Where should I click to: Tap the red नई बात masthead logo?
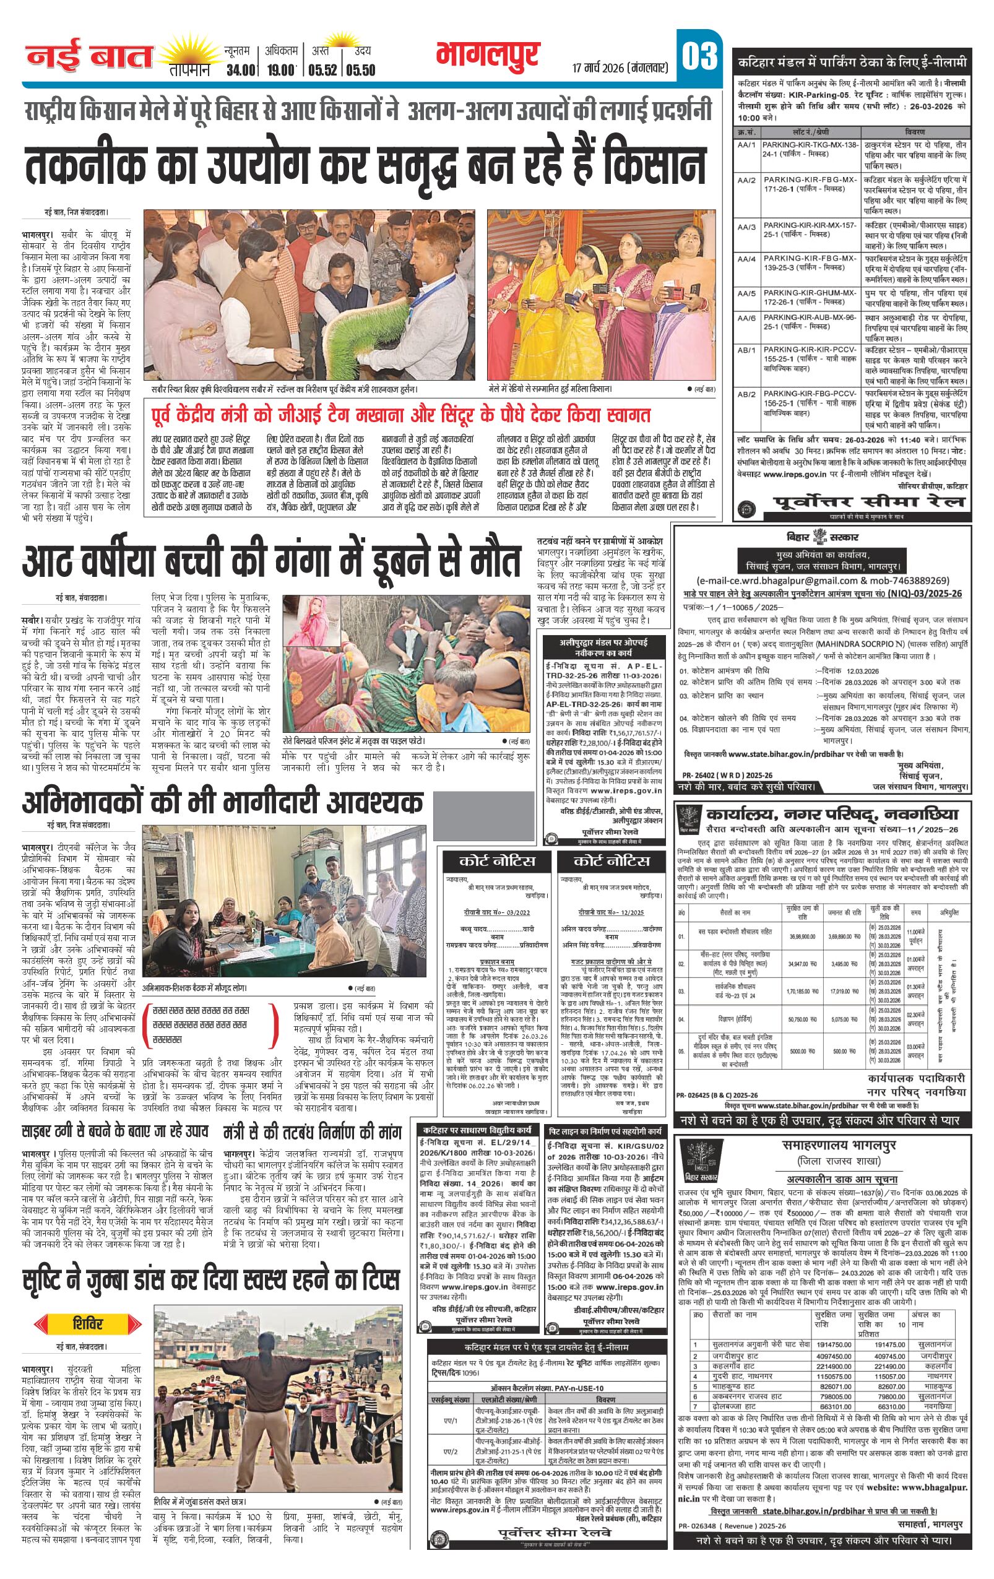(x=89, y=58)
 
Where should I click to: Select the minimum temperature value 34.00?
(x=240, y=70)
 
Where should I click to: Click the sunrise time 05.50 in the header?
(x=361, y=70)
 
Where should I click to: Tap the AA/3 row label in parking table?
(x=746, y=227)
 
